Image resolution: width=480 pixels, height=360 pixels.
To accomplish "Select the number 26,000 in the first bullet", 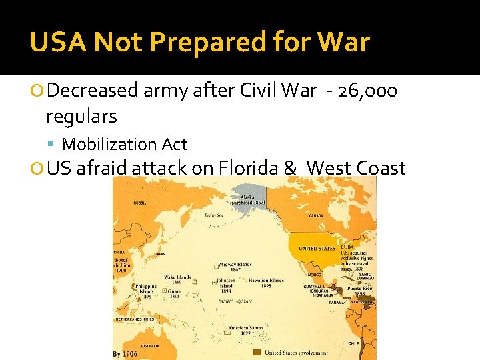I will (367, 91).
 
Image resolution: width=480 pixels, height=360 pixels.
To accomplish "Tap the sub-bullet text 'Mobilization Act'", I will (125, 144).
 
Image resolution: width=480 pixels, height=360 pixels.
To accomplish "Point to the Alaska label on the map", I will (248, 199).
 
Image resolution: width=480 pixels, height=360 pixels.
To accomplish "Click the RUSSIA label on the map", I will (140, 203).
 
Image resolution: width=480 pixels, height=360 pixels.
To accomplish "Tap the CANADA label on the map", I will (316, 215).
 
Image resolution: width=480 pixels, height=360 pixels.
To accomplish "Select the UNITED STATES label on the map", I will (317, 249).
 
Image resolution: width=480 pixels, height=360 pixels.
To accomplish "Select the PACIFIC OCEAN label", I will (235, 301).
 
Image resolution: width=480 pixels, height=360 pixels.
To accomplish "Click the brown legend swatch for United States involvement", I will (257, 353).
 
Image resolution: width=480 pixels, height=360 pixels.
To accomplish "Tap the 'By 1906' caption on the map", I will (125, 353).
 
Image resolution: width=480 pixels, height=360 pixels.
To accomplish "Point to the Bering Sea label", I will (214, 215).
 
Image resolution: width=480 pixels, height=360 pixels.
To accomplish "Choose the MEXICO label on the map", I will (315, 274).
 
